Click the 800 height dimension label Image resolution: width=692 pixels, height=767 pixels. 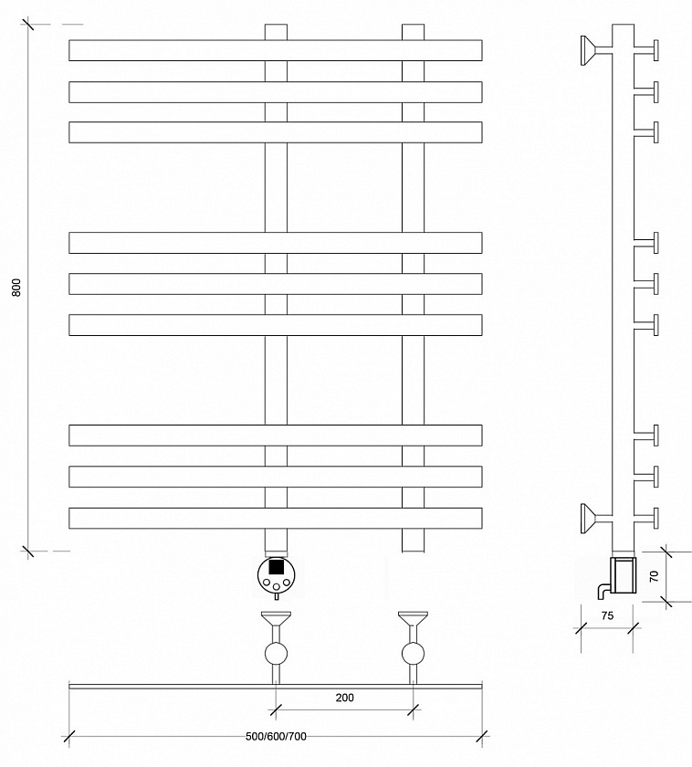[16, 288]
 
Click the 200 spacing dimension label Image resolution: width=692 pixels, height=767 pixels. [345, 698]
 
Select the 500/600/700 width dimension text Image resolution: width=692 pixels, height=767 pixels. [276, 736]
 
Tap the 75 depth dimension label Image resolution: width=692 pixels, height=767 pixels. [607, 615]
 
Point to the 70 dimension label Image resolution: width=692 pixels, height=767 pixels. [654, 576]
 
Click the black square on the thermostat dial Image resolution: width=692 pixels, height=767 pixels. [277, 567]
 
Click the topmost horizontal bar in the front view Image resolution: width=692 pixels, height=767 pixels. [276, 50]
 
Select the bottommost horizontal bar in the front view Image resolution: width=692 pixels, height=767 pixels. [276, 519]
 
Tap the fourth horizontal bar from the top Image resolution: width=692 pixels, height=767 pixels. [276, 243]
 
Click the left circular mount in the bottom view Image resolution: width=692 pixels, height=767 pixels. [276, 654]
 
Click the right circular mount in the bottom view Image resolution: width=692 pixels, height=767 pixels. [413, 654]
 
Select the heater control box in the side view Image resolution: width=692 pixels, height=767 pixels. [624, 574]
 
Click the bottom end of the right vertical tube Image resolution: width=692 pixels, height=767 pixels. [414, 552]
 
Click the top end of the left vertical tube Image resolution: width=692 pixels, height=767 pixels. [276, 25]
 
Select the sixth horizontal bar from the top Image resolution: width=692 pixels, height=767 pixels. [276, 325]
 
